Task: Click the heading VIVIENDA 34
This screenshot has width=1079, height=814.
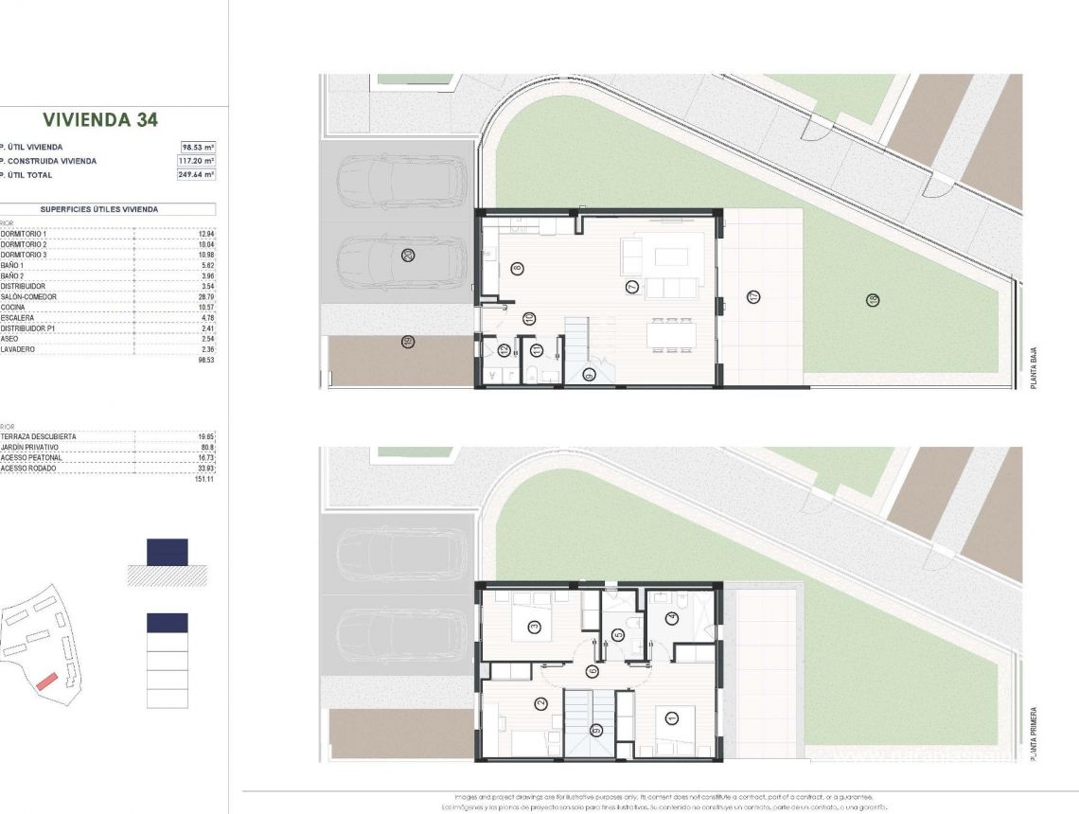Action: (100, 120)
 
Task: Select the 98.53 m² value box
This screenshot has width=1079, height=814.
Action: (199, 147)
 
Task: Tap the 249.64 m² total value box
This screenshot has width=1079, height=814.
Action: (197, 175)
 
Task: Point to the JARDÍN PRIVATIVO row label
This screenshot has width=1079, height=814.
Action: (30, 447)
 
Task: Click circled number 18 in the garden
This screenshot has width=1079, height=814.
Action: (872, 301)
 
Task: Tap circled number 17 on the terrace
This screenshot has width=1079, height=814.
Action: (754, 297)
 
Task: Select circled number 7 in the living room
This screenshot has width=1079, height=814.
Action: (631, 287)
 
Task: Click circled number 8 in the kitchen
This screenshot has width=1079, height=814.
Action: (517, 269)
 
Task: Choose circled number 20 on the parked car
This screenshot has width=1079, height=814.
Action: (408, 255)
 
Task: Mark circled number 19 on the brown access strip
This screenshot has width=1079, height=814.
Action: (408, 342)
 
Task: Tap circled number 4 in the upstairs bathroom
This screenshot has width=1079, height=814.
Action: (672, 619)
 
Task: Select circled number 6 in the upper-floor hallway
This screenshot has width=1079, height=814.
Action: (593, 671)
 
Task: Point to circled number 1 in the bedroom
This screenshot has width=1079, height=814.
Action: (671, 719)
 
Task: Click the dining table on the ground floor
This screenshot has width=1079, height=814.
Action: (675, 335)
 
